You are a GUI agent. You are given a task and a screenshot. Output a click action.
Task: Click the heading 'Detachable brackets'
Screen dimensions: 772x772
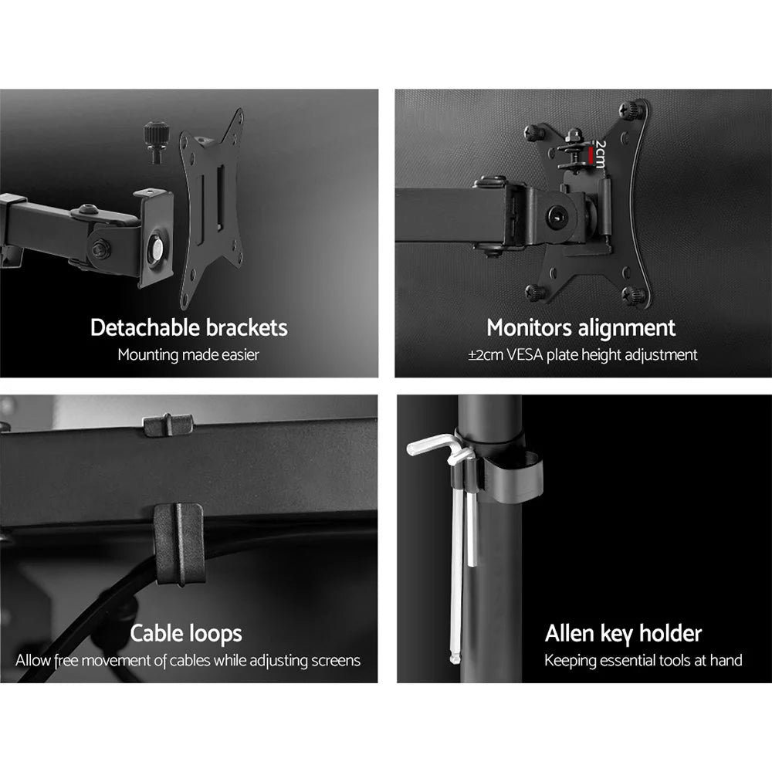[x=188, y=327]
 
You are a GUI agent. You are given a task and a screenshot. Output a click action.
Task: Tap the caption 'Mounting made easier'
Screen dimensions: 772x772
[x=188, y=355]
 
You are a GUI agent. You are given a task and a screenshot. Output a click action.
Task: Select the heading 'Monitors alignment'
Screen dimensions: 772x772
[x=581, y=327]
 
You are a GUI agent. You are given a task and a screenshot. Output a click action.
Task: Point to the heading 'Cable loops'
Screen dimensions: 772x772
[x=185, y=634]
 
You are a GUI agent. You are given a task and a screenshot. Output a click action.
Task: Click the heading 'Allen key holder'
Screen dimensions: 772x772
[x=623, y=634]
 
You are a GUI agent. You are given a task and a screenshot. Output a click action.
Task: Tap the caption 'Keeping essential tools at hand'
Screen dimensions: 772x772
[x=643, y=661]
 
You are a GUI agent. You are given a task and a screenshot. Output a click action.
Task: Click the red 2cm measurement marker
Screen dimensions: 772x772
[x=591, y=157]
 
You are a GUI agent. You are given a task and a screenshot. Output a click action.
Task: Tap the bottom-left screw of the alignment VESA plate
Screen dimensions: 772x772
[x=533, y=291]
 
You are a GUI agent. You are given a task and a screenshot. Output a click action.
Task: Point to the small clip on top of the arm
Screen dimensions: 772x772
[x=168, y=424]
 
